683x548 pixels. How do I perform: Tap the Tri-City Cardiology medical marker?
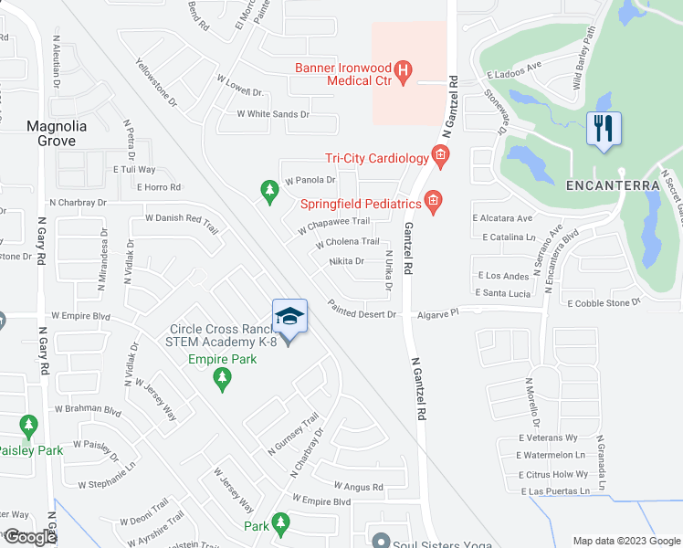pos(440,158)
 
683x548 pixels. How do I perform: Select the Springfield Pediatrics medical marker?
pos(433,202)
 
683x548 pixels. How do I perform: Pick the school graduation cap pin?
pos(289,317)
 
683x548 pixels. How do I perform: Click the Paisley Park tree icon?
pos(28,427)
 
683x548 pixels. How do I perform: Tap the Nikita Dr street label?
pos(347,261)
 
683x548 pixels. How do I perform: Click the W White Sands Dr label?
pos(273,114)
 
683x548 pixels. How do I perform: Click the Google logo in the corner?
pos(29,537)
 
